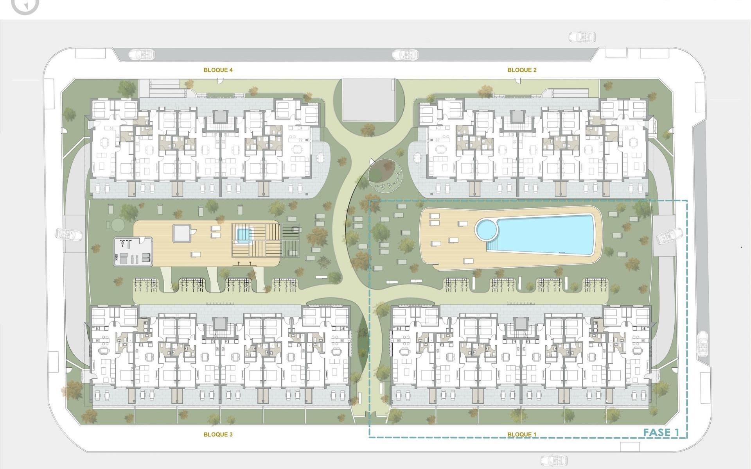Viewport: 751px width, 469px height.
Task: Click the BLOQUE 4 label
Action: coord(218,70)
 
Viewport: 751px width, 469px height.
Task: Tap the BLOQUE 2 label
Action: coord(522,70)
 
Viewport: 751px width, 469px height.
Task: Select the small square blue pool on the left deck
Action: coord(243,235)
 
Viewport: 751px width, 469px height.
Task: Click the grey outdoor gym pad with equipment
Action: coord(133,251)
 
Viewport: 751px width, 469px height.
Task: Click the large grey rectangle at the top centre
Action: coord(368,100)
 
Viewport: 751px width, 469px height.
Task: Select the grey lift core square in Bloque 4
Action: coord(220,116)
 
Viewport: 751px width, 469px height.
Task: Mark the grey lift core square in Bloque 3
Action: coord(220,323)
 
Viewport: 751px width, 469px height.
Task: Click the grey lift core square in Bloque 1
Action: coord(521,323)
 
